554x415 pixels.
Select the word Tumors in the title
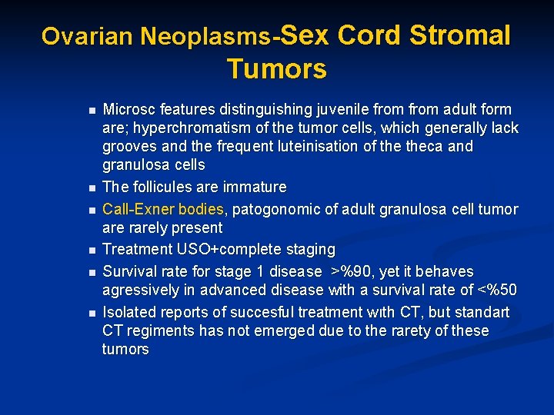pyautogui.click(x=276, y=69)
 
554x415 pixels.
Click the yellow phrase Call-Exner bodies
pyautogui.click(x=163, y=209)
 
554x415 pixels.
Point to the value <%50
pyautogui.click(x=497, y=290)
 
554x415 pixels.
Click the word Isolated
pyautogui.click(x=131, y=312)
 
